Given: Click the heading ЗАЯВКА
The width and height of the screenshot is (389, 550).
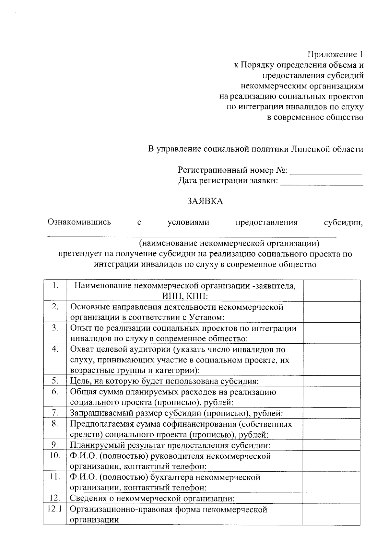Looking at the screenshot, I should (205, 201).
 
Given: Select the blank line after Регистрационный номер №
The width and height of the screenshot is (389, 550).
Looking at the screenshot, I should (326, 172).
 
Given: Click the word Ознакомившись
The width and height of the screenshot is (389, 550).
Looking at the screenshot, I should (79, 222).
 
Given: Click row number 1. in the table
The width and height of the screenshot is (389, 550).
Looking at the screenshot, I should (55, 286).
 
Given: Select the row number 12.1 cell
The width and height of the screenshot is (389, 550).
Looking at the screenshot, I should (54, 509).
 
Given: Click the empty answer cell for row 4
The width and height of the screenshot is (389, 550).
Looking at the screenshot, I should (332, 360).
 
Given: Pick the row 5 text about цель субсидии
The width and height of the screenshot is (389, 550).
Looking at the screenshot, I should (164, 381).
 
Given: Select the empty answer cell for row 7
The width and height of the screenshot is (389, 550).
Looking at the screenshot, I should (332, 413).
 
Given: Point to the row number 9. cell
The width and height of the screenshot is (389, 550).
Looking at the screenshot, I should (55, 445).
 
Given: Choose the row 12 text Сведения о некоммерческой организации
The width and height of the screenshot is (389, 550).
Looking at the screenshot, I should (152, 498).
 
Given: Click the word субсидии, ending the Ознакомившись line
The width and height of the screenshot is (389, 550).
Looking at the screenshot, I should (343, 223).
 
